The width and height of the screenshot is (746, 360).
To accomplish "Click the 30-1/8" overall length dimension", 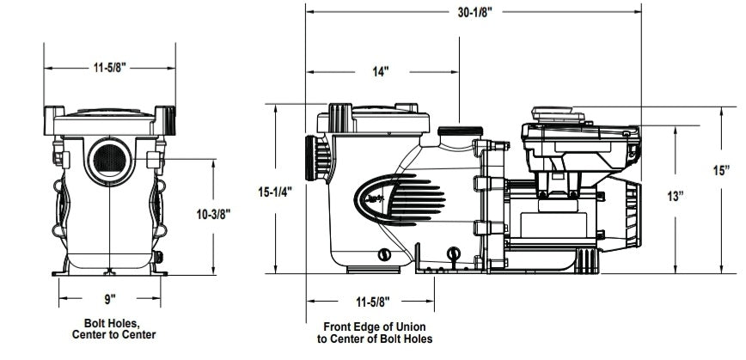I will [474, 12].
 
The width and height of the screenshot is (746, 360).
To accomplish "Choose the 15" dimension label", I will [722, 170].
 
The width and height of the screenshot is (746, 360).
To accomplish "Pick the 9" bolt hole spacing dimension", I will [109, 300].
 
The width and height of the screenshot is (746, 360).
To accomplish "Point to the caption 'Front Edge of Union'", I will [374, 327].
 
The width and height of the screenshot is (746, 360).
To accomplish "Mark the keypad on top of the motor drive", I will [553, 113].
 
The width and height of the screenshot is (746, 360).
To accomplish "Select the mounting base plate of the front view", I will [109, 272].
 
